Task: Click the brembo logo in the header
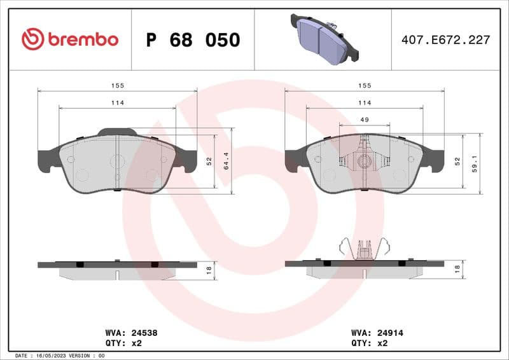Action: tap(70, 39)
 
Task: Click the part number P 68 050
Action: tap(193, 40)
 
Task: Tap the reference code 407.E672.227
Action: tap(445, 40)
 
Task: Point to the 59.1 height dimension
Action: tap(474, 162)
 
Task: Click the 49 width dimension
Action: tap(365, 120)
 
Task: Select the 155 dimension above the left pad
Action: tap(117, 85)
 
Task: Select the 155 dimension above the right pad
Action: tap(365, 85)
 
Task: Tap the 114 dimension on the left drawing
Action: tap(117, 102)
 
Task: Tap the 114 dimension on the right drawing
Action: tap(365, 102)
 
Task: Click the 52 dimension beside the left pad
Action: tap(209, 162)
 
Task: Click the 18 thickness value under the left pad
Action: tap(209, 270)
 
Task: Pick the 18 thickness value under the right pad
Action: tap(457, 270)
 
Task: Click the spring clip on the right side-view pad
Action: tap(365, 249)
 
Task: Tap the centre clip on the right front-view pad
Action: tap(365, 161)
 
